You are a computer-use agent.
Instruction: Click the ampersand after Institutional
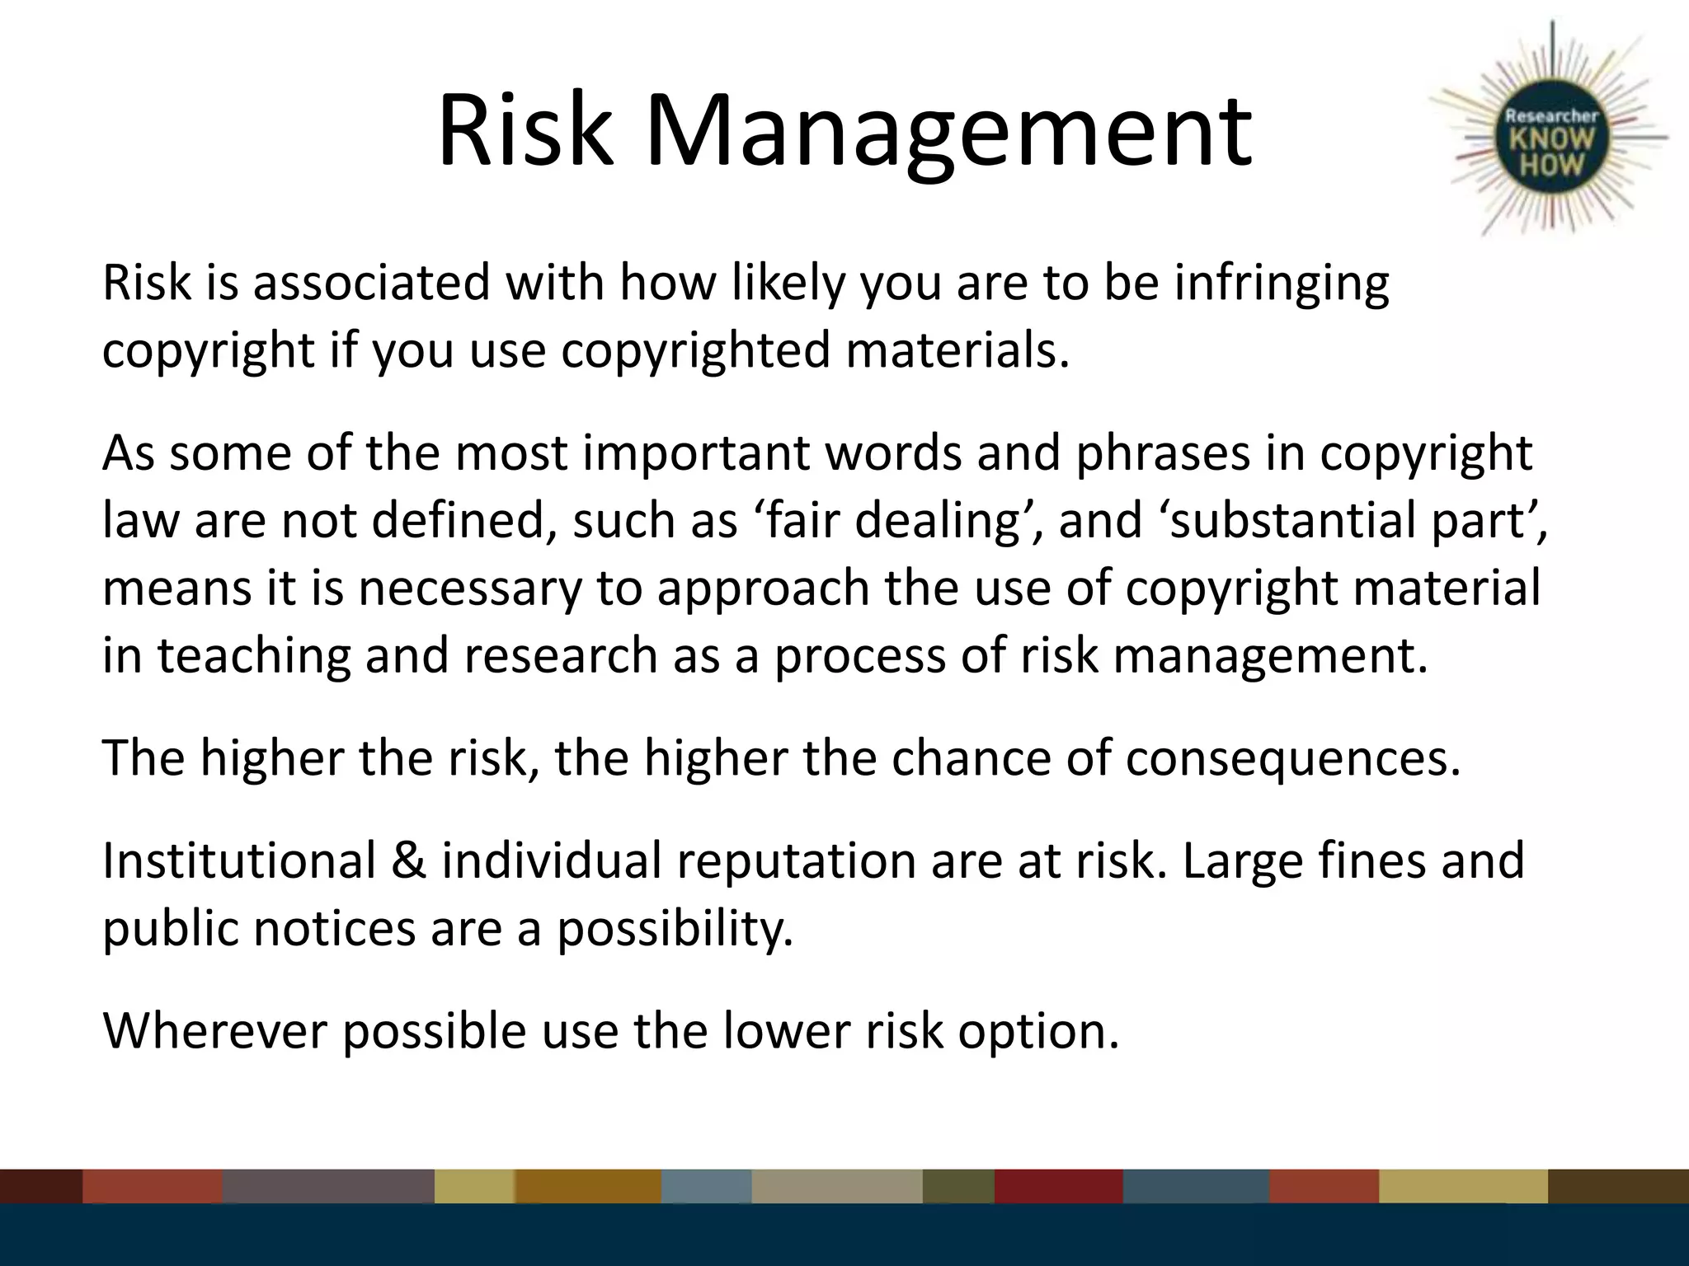(x=409, y=861)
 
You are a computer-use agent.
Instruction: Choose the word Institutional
(x=239, y=861)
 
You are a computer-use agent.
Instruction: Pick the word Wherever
(x=215, y=1031)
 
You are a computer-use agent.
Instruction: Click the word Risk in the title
(x=525, y=132)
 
